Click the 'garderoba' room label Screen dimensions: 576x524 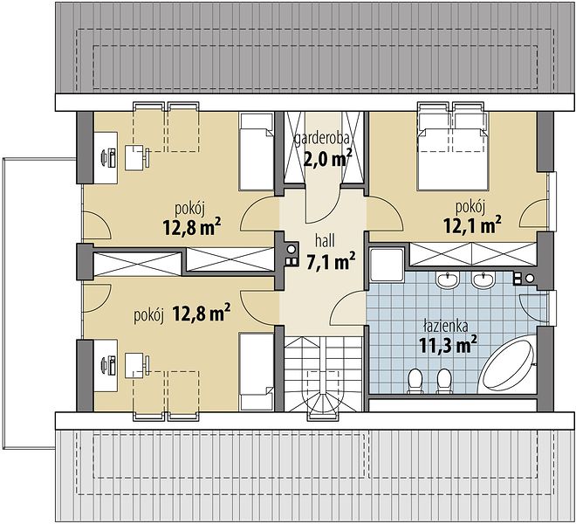pyautogui.click(x=321, y=140)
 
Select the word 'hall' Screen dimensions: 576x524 pyautogui.click(x=325, y=241)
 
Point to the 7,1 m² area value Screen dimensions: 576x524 pyautogui.click(x=331, y=261)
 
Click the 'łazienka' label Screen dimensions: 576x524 pyautogui.click(x=445, y=326)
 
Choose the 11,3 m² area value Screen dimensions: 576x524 pyautogui.click(x=449, y=345)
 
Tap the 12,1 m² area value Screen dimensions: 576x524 pyautogui.click(x=472, y=224)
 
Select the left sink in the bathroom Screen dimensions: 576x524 pyautogui.click(x=447, y=280)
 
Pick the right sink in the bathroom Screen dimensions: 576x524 pyautogui.click(x=484, y=280)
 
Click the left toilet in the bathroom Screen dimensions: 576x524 pyautogui.click(x=415, y=381)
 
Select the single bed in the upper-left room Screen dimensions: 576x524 pyautogui.click(x=256, y=151)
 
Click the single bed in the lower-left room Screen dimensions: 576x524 pyautogui.click(x=256, y=372)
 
